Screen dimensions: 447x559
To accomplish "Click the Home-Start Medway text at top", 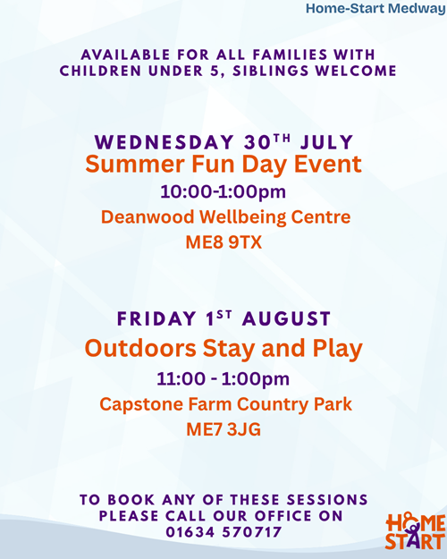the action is [x=376, y=8].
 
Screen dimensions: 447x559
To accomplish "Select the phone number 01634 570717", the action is [x=223, y=532].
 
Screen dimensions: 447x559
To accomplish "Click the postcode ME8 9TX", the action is [x=223, y=242].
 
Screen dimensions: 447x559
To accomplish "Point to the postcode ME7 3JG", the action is [x=223, y=429].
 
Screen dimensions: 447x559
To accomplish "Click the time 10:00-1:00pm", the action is [x=223, y=191].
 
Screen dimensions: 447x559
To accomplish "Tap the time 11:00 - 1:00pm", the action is [x=223, y=378].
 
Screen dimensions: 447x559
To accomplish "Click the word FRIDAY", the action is [x=156, y=318].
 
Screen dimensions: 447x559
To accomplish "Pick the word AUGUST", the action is [x=286, y=318].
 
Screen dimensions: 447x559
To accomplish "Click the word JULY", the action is [x=326, y=142].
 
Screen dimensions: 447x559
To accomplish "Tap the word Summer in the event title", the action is [x=136, y=164].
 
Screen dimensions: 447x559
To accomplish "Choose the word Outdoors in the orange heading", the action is [x=140, y=348].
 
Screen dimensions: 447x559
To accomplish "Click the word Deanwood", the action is [x=148, y=216].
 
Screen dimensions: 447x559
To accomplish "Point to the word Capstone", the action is [x=141, y=404].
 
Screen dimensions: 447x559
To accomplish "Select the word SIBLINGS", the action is [x=271, y=71].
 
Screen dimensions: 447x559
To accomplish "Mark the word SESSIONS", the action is [x=327, y=500].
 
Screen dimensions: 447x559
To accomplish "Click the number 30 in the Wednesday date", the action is [x=257, y=142].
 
